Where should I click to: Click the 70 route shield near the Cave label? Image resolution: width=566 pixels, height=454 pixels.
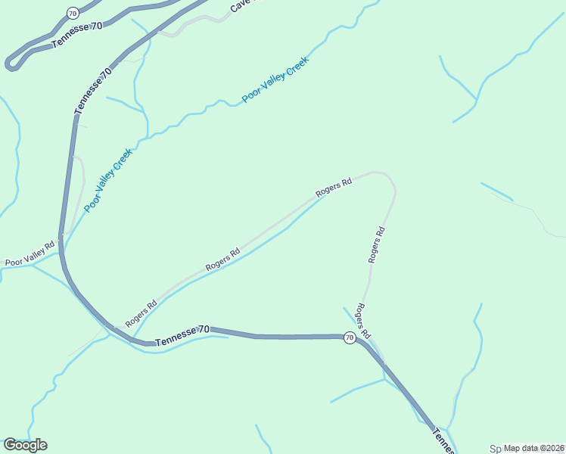pos(72,13)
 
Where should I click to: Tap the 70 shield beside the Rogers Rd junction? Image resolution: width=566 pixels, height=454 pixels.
pos(349,337)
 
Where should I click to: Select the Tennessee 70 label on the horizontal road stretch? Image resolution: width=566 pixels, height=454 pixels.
pos(182,337)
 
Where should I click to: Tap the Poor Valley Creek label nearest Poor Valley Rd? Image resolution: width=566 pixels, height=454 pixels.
pos(108,180)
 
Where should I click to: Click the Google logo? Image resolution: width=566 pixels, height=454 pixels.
pos(25,445)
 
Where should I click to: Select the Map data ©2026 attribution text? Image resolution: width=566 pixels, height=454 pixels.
pos(534,448)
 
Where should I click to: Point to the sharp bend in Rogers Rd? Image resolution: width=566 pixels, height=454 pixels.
pos(387,177)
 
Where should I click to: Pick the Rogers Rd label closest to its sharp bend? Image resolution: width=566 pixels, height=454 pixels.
pos(334,187)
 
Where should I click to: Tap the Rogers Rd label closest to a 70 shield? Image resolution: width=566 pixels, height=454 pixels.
pos(364,321)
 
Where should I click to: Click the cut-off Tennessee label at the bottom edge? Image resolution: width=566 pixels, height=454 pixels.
pos(442,441)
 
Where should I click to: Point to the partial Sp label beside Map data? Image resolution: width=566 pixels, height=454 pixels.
pos(496,448)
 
